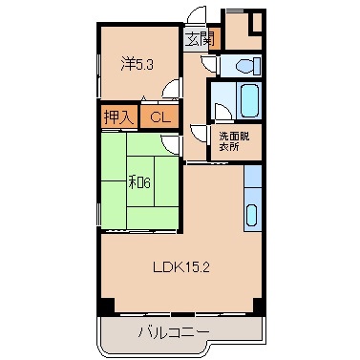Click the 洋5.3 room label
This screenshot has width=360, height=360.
coord(133,64)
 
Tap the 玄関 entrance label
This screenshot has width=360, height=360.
coord(200,39)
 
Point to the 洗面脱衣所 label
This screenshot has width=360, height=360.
coord(232,139)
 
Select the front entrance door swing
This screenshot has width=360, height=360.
coord(196,17)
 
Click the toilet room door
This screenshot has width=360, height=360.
coord(209,63)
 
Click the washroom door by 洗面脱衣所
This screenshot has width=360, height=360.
coord(198,134)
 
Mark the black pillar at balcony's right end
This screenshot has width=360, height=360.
coord(256,307)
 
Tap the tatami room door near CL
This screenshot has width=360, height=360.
coord(169,143)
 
